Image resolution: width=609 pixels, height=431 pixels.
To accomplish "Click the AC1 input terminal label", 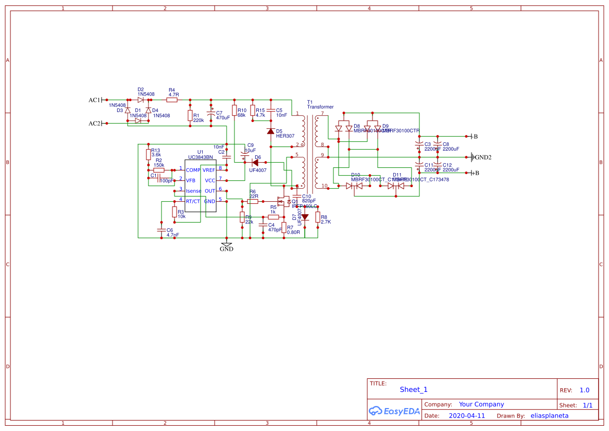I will [94, 100].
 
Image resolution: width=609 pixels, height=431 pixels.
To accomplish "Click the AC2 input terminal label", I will [94, 124].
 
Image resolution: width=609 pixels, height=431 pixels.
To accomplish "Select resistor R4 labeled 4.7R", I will [173, 99].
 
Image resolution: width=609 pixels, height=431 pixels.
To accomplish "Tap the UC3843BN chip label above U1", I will [201, 157].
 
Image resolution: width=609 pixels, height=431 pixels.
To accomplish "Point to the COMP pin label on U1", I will [193, 170].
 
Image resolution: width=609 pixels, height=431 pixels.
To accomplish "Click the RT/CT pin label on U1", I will [193, 201].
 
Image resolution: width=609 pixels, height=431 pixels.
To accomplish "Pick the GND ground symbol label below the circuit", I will [227, 249].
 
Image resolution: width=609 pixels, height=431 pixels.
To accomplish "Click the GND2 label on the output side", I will [483, 157].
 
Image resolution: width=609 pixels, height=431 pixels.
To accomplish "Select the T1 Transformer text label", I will [320, 107].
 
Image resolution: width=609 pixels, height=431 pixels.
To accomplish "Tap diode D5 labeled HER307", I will [270, 131].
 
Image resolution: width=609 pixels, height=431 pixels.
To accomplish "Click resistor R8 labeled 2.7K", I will [318, 217].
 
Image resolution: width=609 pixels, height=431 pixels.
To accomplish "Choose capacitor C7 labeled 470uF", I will [211, 114].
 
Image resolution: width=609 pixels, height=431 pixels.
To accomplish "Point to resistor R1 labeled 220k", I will [190, 116].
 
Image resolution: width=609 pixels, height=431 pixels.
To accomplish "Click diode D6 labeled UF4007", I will [255, 163].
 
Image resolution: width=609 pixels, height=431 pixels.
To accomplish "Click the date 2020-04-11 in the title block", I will [467, 416].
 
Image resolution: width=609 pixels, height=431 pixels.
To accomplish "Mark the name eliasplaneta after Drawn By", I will [549, 416].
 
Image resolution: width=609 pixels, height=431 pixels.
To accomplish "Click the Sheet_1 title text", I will [414, 389].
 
